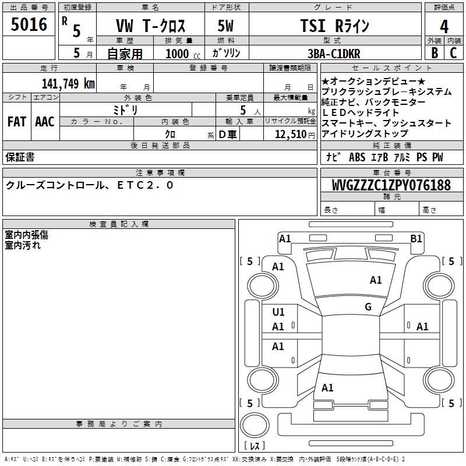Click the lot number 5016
pos(29,25)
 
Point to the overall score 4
pos(444,27)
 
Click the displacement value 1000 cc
pos(181,54)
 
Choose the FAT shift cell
pos(16,122)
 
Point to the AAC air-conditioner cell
pos(45,122)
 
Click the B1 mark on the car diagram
pos(416,238)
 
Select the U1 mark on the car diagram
pos(278,312)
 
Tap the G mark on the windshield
pos(368,307)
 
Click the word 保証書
pos(20,157)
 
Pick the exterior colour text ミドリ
pos(125,110)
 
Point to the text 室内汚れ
pos(23,245)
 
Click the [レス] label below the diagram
pos(255,446)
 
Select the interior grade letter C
pos(453,52)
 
